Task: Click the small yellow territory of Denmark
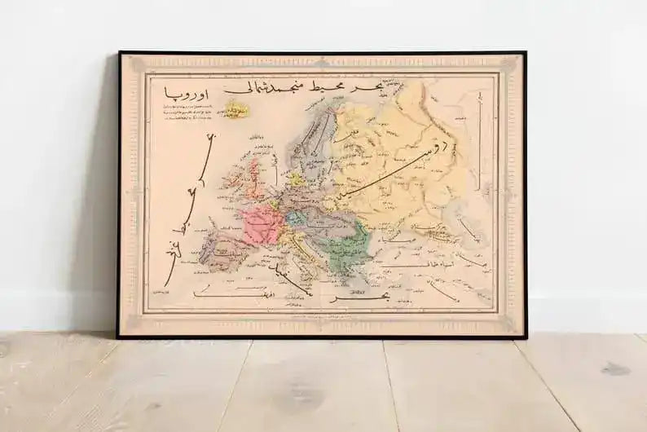[295, 179]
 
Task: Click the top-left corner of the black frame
[120, 53]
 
